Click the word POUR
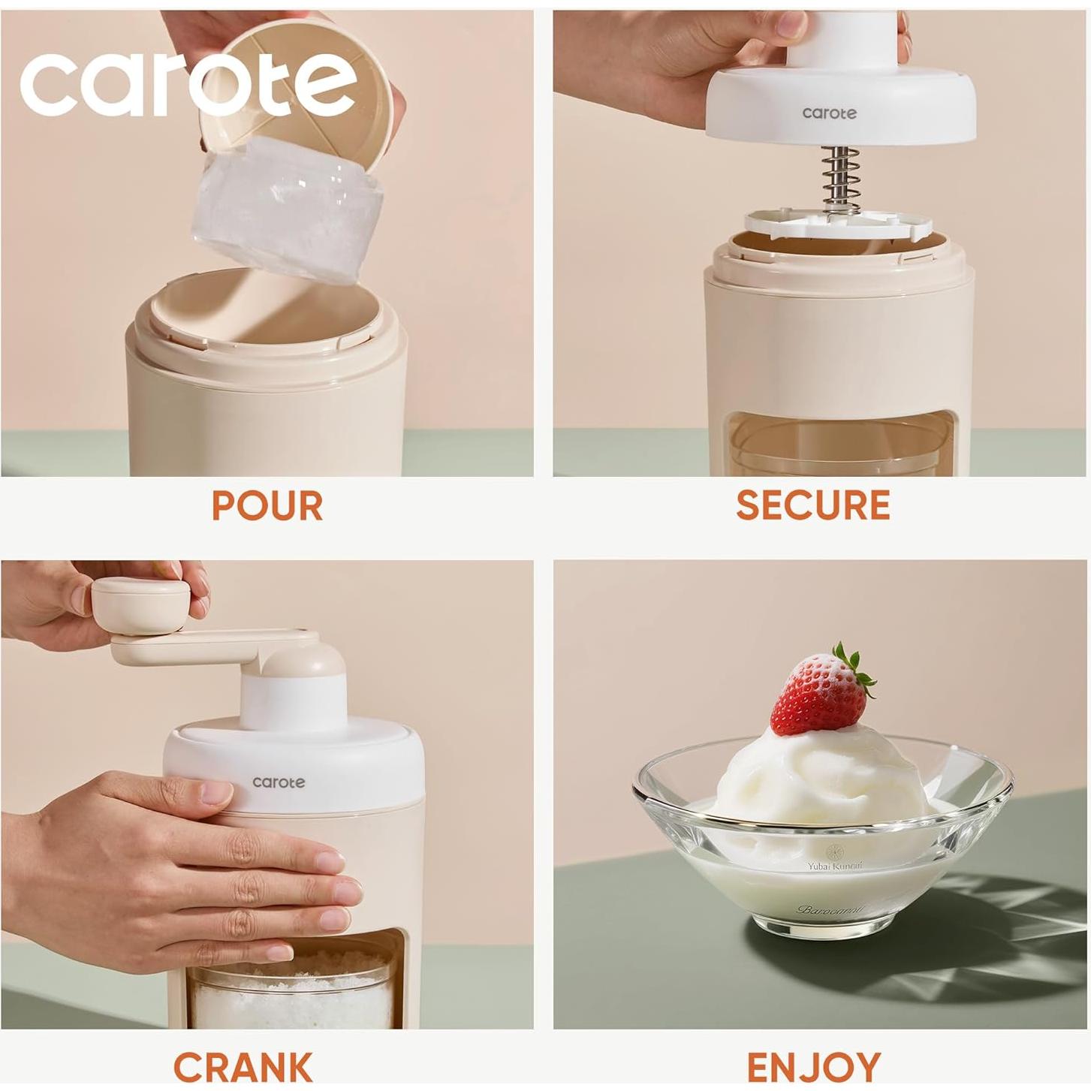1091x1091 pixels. click(x=267, y=505)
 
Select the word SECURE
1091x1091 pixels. click(x=812, y=505)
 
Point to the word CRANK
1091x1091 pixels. click(x=243, y=1066)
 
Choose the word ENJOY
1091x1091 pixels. click(x=813, y=1066)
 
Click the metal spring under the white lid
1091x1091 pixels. click(x=839, y=180)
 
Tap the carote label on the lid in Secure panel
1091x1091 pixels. click(x=829, y=113)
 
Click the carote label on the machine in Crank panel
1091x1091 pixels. click(x=279, y=782)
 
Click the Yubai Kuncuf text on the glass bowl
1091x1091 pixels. click(x=835, y=866)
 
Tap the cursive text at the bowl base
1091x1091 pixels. click(x=830, y=910)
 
